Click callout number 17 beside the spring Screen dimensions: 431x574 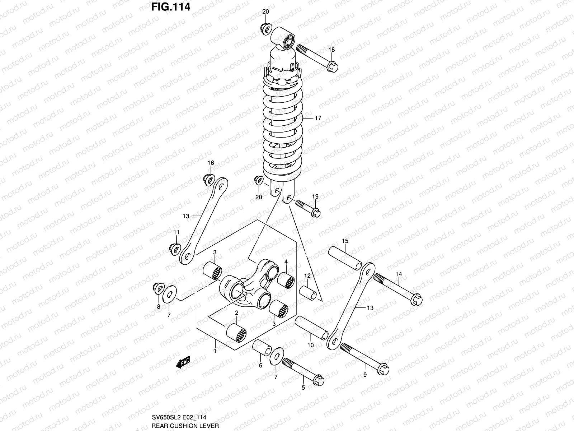[x=318, y=118]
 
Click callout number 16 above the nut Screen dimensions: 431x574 [x=211, y=163]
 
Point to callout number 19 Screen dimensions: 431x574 [x=315, y=196]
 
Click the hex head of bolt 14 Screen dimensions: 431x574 [x=417, y=299]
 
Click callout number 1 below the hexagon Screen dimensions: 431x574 [x=215, y=351]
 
